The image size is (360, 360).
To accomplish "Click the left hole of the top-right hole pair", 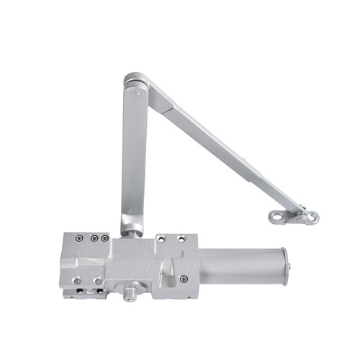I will tap(162, 238).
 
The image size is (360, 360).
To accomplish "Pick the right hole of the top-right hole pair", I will tap(181, 238).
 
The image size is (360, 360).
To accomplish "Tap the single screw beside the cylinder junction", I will tap(184, 279).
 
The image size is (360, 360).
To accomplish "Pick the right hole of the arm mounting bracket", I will tap(309, 216).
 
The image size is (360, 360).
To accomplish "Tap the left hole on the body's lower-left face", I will tap(76, 279).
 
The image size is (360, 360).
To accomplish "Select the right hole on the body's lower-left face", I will tap(96, 280).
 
